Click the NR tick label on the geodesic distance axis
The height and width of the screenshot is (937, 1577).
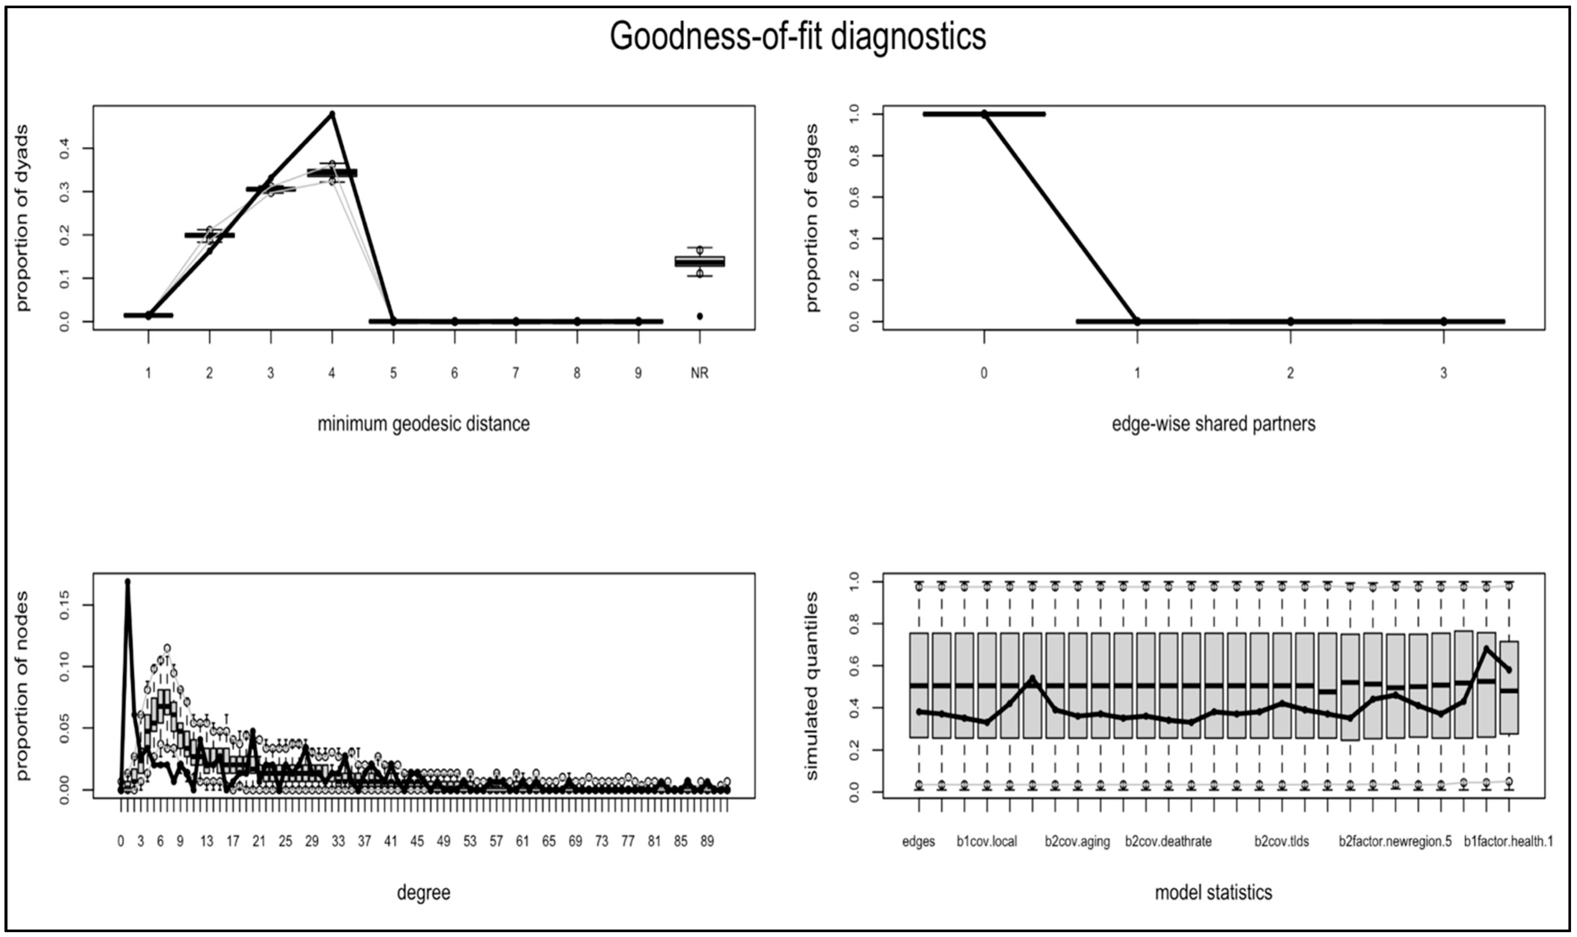pyautogui.click(x=699, y=373)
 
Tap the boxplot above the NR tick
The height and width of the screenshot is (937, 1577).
pyautogui.click(x=700, y=261)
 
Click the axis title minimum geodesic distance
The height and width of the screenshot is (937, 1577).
pyautogui.click(x=424, y=424)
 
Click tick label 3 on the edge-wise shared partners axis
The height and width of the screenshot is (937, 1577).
pyautogui.click(x=1443, y=373)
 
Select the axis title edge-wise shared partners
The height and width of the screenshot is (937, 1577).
pyautogui.click(x=1213, y=424)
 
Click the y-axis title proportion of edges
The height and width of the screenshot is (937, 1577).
pyautogui.click(x=812, y=218)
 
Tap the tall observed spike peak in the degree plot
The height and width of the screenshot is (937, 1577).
pyautogui.click(x=128, y=582)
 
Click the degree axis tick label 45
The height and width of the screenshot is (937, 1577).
pyautogui.click(x=417, y=842)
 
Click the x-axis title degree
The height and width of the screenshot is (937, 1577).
pyautogui.click(x=424, y=893)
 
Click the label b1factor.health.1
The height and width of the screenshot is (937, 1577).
pyautogui.click(x=1508, y=842)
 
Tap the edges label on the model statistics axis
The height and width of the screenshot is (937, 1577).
pyautogui.click(x=918, y=842)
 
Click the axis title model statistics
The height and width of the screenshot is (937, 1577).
pyautogui.click(x=1213, y=893)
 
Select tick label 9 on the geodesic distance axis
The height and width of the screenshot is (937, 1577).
pyautogui.click(x=638, y=373)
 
